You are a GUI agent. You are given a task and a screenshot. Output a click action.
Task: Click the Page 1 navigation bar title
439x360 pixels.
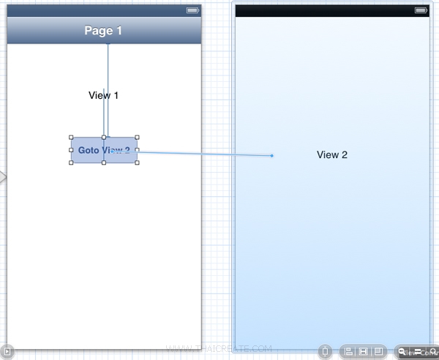[103, 31]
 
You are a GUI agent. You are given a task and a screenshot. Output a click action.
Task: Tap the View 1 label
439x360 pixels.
[103, 95]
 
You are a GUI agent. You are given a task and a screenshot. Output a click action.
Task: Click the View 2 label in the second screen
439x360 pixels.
[332, 154]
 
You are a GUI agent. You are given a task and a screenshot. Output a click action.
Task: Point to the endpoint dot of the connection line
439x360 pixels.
[271, 155]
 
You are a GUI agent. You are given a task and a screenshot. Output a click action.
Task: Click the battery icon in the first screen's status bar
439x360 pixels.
[192, 10]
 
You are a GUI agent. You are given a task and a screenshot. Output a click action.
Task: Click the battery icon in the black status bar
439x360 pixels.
[421, 10]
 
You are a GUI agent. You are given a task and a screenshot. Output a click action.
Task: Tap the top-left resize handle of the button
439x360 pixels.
[71, 138]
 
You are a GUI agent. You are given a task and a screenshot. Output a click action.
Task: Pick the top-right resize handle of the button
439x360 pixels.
[137, 138]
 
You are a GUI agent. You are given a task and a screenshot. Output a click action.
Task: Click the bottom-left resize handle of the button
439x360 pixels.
[71, 163]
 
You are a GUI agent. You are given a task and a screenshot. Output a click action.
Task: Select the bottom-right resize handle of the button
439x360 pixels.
[137, 163]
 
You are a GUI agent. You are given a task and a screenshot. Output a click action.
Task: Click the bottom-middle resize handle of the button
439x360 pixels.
[104, 163]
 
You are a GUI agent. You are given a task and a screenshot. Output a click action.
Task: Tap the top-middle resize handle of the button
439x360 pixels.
[104, 138]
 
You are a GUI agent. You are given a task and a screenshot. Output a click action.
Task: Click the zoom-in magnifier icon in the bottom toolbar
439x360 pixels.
[433, 351]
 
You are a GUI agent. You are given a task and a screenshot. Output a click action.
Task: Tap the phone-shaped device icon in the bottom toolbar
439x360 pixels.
[326, 351]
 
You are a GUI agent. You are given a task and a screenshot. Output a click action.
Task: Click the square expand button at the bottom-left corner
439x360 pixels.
[5, 351]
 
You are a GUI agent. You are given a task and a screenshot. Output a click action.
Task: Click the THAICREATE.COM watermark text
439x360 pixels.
[219, 349]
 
